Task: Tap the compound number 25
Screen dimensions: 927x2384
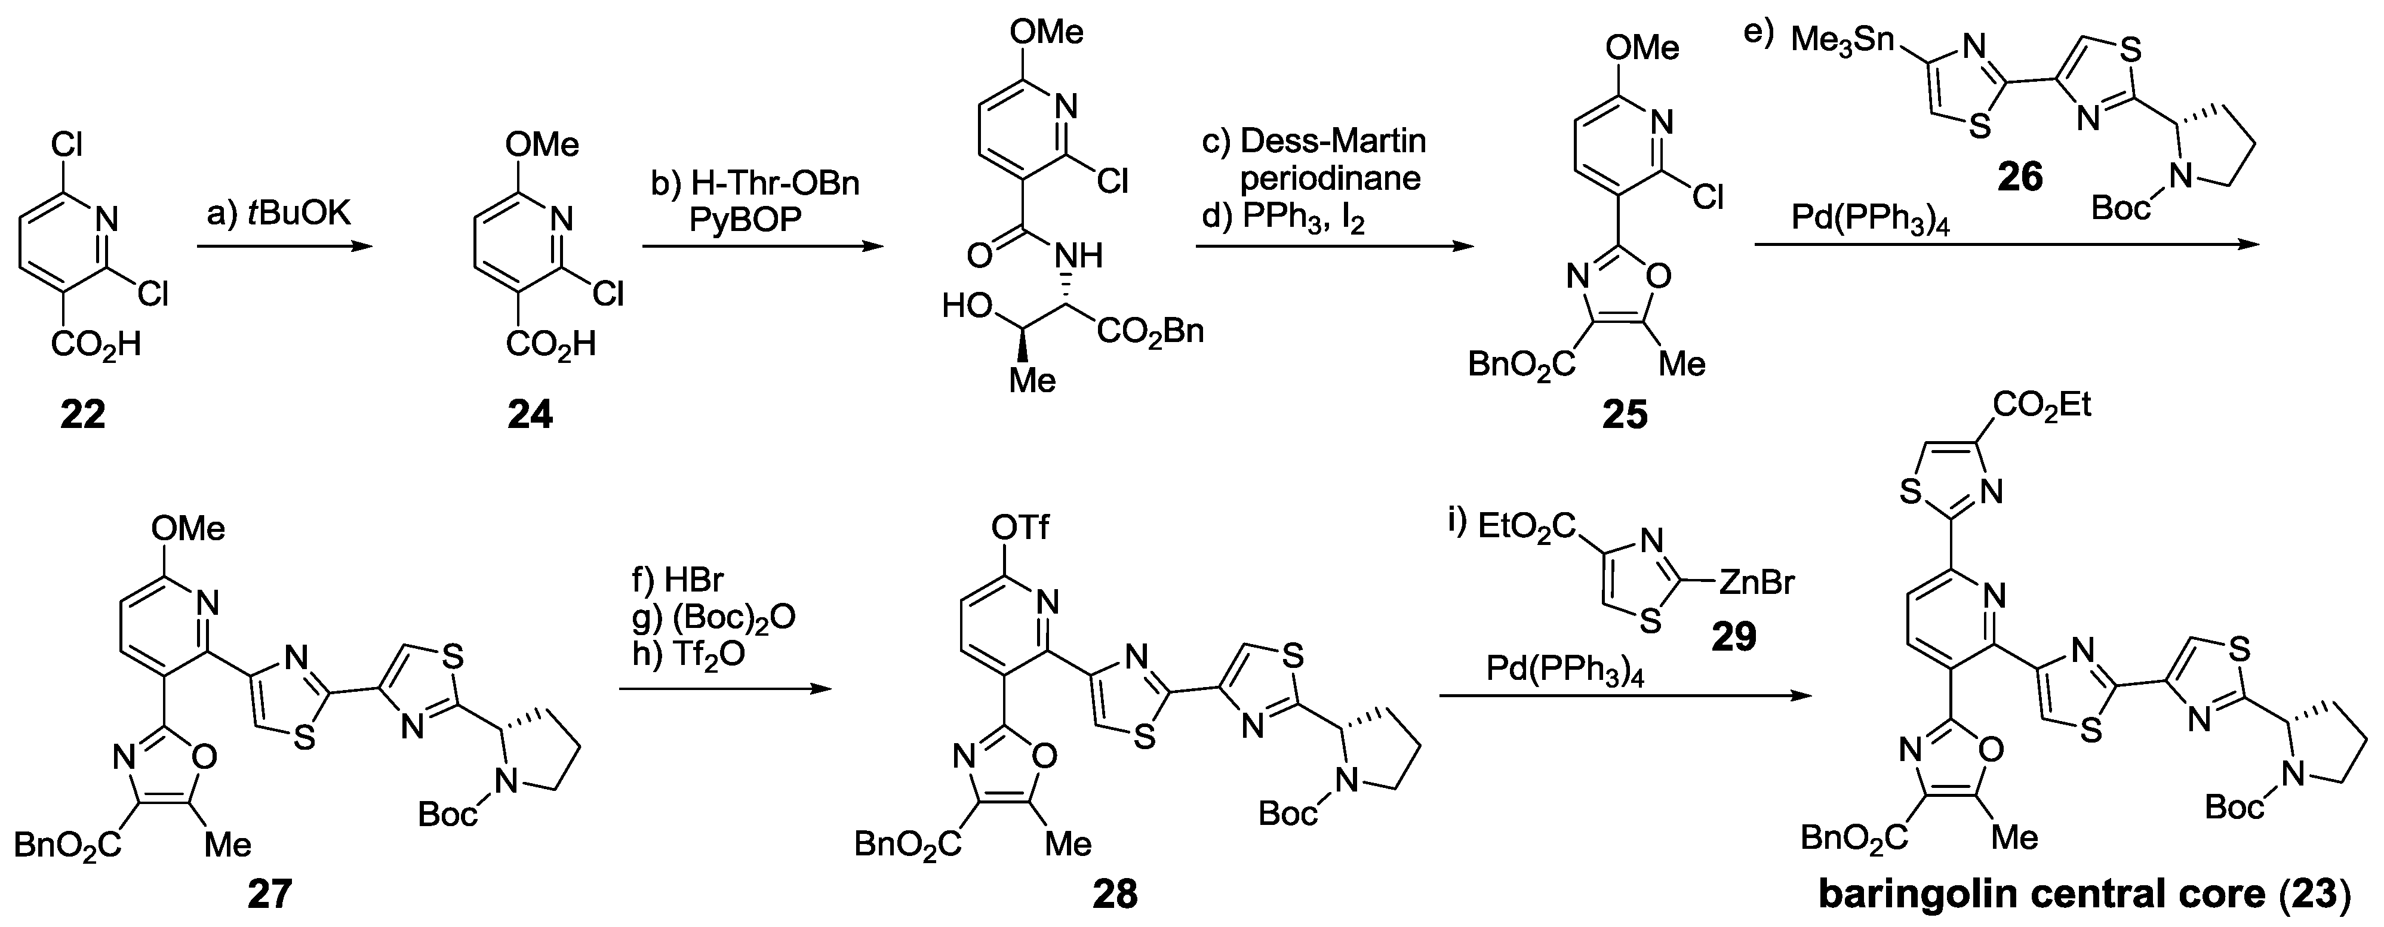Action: pyautogui.click(x=1625, y=414)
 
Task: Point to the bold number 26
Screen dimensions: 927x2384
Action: pyautogui.click(x=2019, y=175)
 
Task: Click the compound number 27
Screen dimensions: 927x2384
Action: pyautogui.click(x=269, y=894)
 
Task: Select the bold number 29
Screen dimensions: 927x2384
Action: pyautogui.click(x=1733, y=636)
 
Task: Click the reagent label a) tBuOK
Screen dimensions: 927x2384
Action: pyautogui.click(x=278, y=215)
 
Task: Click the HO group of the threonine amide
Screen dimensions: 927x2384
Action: pyautogui.click(x=967, y=305)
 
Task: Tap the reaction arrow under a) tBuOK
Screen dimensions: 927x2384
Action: pyautogui.click(x=284, y=247)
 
